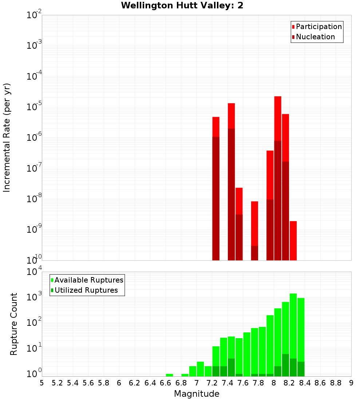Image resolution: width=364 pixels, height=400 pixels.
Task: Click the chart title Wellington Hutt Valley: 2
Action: point(182,5)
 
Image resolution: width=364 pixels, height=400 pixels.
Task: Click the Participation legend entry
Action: point(318,27)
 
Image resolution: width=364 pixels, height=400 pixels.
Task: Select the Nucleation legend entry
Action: point(315,37)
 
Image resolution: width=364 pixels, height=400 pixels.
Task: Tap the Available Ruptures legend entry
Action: point(88,280)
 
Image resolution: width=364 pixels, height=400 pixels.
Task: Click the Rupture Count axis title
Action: point(14,324)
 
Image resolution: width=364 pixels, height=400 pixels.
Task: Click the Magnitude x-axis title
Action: point(197,394)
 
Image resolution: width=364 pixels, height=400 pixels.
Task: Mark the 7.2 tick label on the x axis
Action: point(212,383)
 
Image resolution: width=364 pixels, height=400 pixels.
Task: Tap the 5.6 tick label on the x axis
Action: point(88,383)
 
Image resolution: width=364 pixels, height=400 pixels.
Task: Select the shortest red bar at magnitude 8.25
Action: point(293,240)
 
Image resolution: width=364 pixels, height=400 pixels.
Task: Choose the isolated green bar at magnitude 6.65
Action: point(169,375)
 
